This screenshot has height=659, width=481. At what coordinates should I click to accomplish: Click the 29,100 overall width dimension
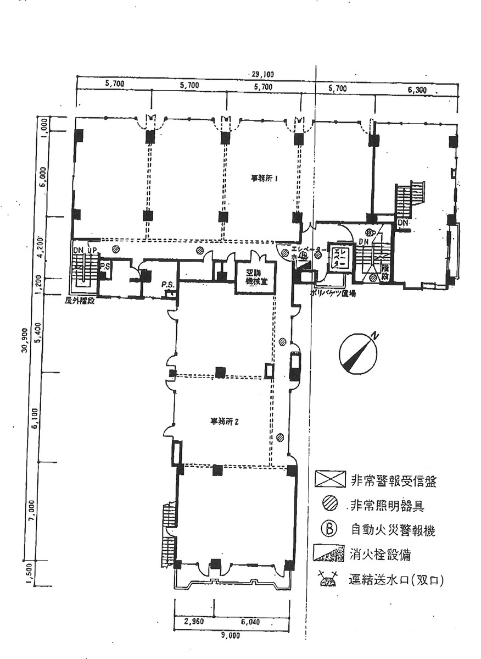point(262,74)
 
